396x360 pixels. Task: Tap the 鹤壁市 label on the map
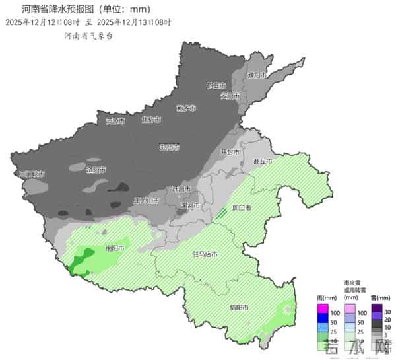pyautogui.click(x=215, y=86)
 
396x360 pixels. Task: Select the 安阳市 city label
pyautogui.click(x=229, y=96)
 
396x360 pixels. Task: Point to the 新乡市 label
pyautogui.click(x=185, y=108)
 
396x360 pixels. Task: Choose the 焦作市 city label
pyautogui.click(x=151, y=120)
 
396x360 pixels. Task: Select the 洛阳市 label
pyautogui.click(x=96, y=170)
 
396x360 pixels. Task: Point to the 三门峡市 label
pyautogui.click(x=30, y=174)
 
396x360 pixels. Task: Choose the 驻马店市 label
pyautogui.click(x=205, y=254)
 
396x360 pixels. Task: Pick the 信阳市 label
pyautogui.click(x=238, y=308)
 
